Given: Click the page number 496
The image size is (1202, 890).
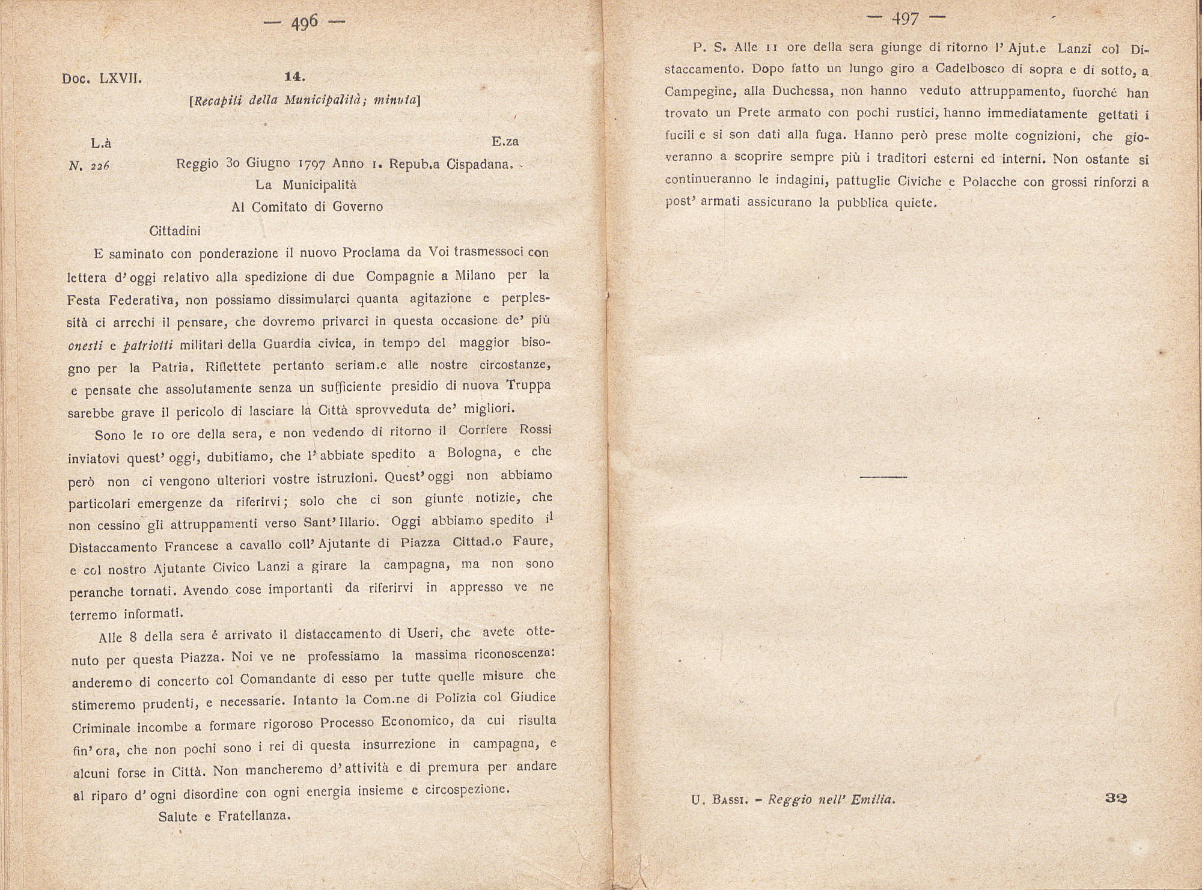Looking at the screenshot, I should (x=305, y=23).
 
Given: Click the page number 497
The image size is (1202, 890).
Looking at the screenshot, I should (x=906, y=19).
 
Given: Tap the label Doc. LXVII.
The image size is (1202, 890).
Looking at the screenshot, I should (x=102, y=79).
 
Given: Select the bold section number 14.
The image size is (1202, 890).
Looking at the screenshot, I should (x=295, y=77).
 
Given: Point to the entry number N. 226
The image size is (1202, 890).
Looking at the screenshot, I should (x=89, y=166).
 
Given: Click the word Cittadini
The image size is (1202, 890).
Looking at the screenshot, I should (x=174, y=230).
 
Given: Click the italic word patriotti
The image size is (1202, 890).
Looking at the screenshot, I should (x=148, y=345).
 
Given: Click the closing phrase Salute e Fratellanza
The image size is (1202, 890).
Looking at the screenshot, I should (x=225, y=816).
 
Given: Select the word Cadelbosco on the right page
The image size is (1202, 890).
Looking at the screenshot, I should (x=966, y=69).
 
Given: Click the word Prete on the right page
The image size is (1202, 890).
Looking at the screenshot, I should (x=754, y=113).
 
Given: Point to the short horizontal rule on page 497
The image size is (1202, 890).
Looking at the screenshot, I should (x=883, y=477).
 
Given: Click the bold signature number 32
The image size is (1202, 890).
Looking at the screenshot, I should (x=1115, y=798).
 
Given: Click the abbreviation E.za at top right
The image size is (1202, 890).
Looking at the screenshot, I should (x=505, y=142).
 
